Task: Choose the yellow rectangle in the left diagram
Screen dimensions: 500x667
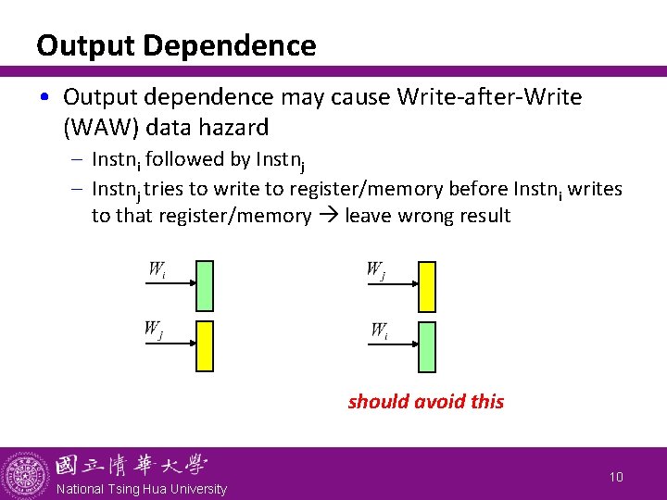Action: [205, 345]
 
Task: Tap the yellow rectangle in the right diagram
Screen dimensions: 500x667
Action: [426, 286]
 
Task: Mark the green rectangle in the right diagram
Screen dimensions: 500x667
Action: [426, 345]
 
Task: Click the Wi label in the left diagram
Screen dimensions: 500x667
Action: [157, 270]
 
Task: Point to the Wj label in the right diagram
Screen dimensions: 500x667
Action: [376, 270]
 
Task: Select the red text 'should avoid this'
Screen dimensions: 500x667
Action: [426, 402]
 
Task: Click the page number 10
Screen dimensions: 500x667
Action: [617, 476]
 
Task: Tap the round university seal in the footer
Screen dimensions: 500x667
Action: [25, 474]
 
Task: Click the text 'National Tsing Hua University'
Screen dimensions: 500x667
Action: [141, 489]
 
